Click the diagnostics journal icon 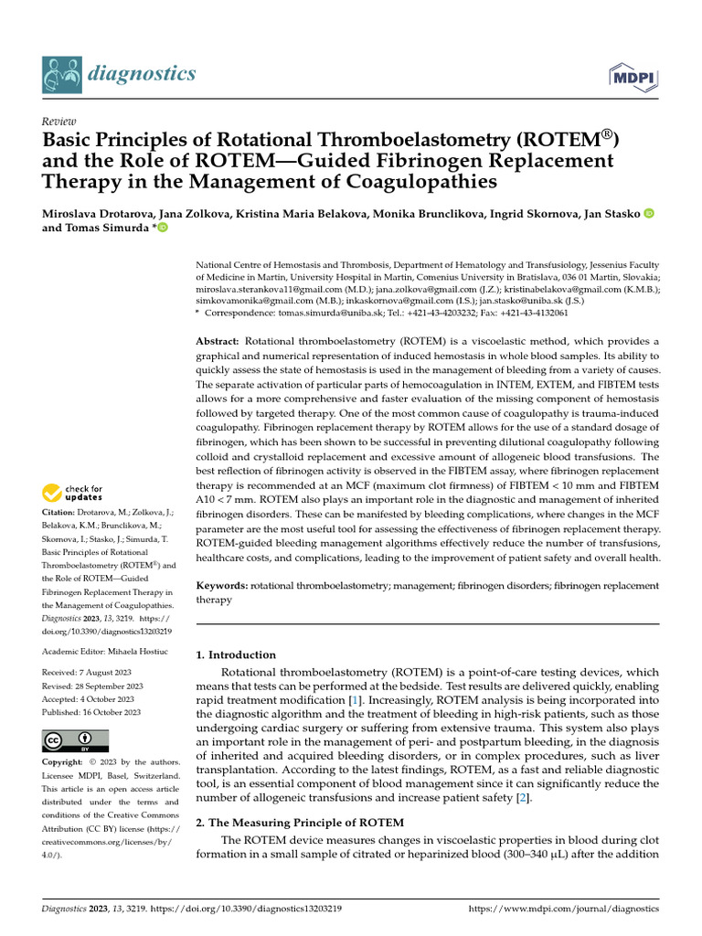click(x=61, y=74)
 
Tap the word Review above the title click(x=59, y=122)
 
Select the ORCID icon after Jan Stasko click(x=650, y=214)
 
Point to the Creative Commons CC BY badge click(x=75, y=741)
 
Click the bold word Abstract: click(x=218, y=341)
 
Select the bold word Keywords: click(x=222, y=585)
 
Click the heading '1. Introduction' click(x=236, y=654)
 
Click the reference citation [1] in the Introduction click(x=354, y=699)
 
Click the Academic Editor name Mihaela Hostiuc click(x=134, y=651)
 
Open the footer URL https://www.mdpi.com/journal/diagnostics click(x=563, y=909)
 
